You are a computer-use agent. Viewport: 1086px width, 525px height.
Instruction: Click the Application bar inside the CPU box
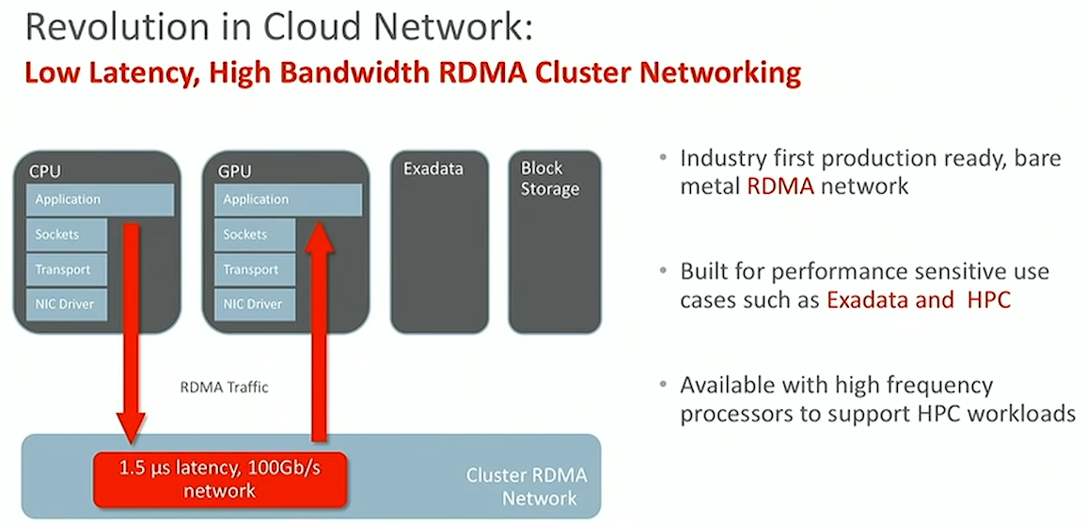tap(100, 199)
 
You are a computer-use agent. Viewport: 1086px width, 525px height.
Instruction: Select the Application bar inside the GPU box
tap(288, 199)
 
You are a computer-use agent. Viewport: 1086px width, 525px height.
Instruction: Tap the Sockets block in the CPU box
tap(67, 235)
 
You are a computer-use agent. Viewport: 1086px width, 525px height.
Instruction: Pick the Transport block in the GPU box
tap(255, 269)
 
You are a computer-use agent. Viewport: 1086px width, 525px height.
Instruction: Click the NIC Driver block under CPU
tap(67, 304)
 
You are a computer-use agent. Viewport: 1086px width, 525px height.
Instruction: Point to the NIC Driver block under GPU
tap(255, 304)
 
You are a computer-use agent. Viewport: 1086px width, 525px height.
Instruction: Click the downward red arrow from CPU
tap(130, 332)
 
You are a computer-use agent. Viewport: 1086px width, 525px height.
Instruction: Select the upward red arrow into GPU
tap(319, 331)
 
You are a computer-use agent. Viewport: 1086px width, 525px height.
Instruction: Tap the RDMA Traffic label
tap(224, 388)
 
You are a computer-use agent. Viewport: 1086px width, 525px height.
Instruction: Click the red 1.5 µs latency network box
tap(220, 480)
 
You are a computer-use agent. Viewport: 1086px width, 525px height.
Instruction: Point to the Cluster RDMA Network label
tap(527, 486)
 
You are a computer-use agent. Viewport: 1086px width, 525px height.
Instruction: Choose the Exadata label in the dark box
tap(433, 169)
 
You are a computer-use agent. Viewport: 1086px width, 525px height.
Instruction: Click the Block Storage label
tap(550, 179)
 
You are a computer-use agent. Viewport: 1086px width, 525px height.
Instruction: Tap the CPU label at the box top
tap(45, 172)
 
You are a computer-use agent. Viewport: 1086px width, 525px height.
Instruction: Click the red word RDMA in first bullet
tap(780, 186)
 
